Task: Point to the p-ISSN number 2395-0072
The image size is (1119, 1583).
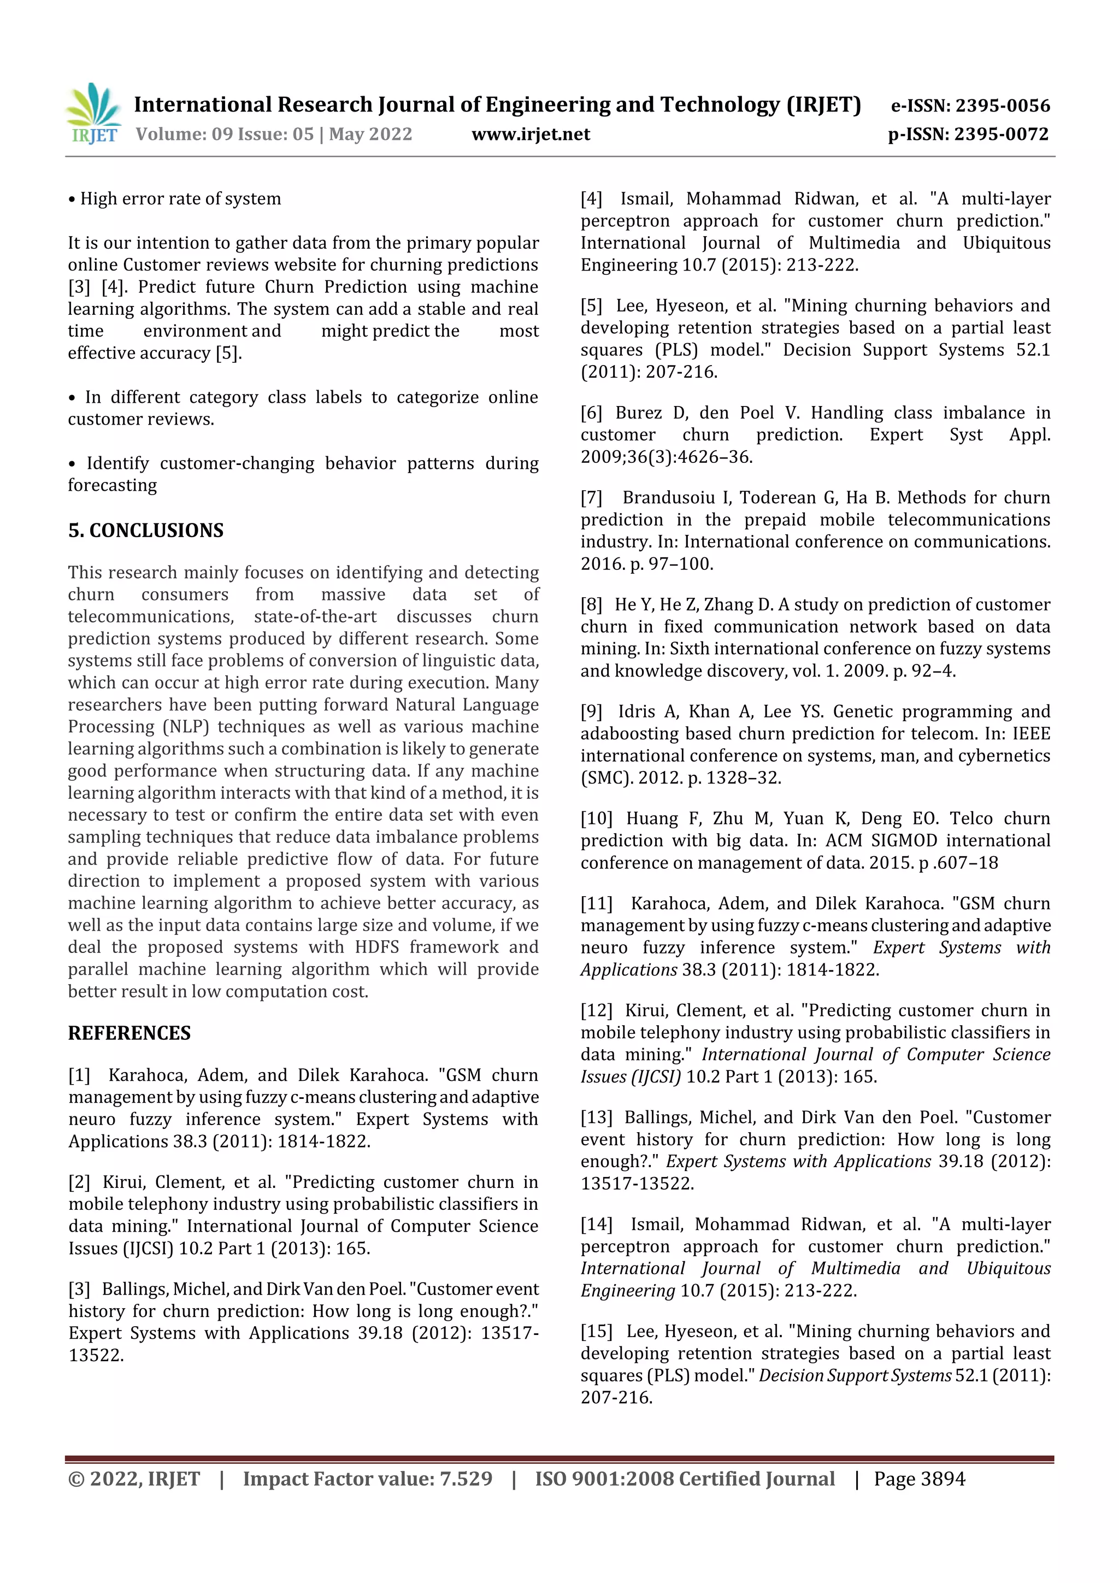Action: coord(1002,134)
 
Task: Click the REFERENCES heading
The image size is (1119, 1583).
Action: coord(129,1033)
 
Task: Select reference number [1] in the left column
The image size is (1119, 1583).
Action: coord(79,1075)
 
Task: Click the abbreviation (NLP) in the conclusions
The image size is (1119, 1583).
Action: coord(185,727)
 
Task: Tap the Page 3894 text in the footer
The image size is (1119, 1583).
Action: coord(919,1479)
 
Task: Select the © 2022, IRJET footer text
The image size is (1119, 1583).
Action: coord(134,1479)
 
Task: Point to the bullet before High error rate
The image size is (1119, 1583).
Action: coord(72,200)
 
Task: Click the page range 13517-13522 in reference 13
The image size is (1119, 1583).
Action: coord(637,1184)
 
